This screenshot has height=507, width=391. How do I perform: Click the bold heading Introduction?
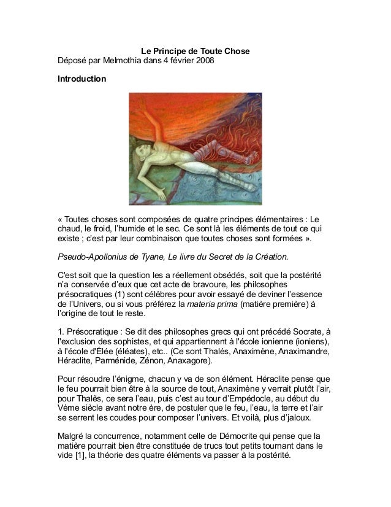(81, 80)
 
